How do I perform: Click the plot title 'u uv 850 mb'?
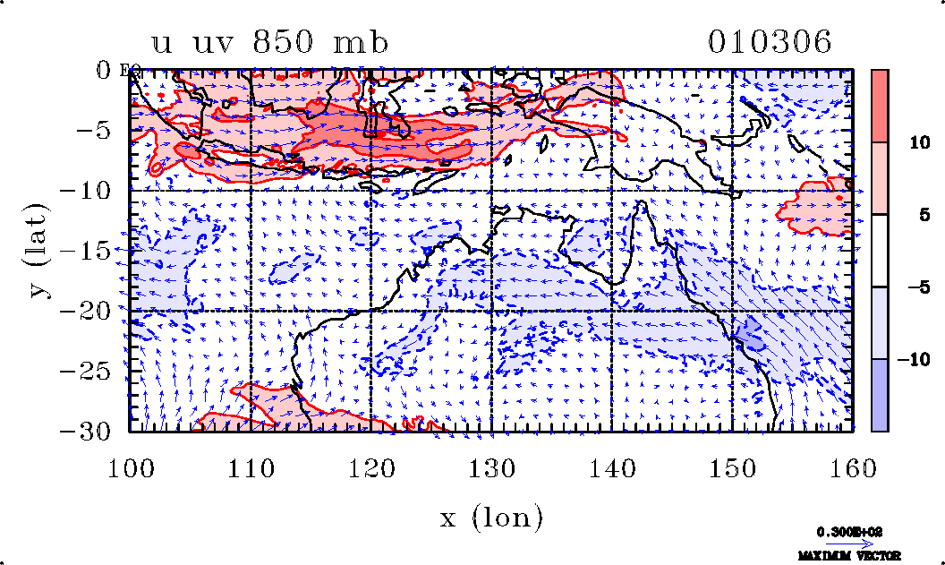pos(269,43)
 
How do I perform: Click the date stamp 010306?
pos(770,43)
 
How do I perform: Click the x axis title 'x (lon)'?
pos(491,518)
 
